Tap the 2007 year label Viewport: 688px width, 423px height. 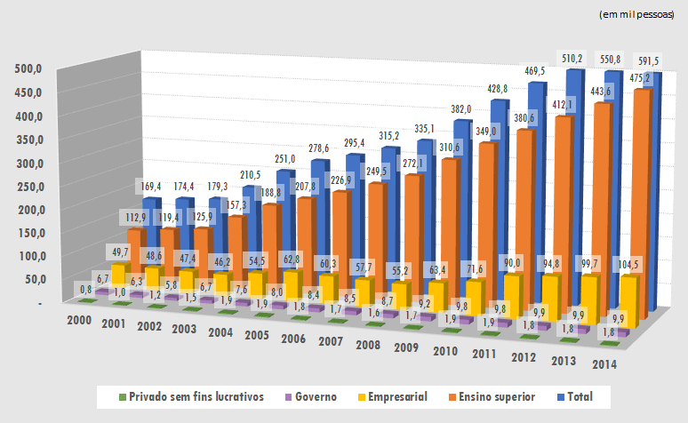click(329, 341)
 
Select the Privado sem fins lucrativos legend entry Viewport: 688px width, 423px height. click(191, 396)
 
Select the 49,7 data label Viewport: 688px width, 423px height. click(122, 252)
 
